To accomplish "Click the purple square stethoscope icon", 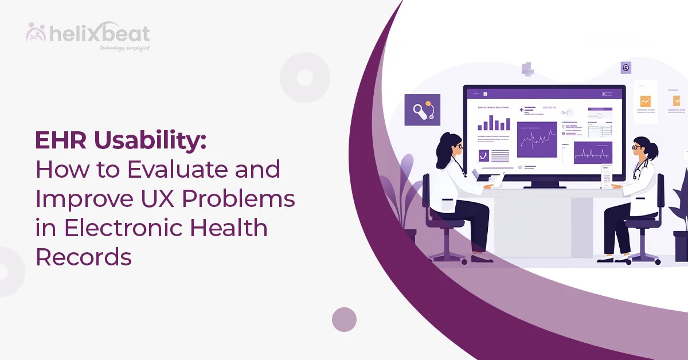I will coord(422,109).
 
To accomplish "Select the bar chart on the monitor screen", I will coord(494,122).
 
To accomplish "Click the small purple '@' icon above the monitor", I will coord(626,68).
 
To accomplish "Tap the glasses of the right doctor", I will coord(636,147).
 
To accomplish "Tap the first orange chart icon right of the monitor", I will coord(646,101).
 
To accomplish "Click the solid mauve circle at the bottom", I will coord(344,319).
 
